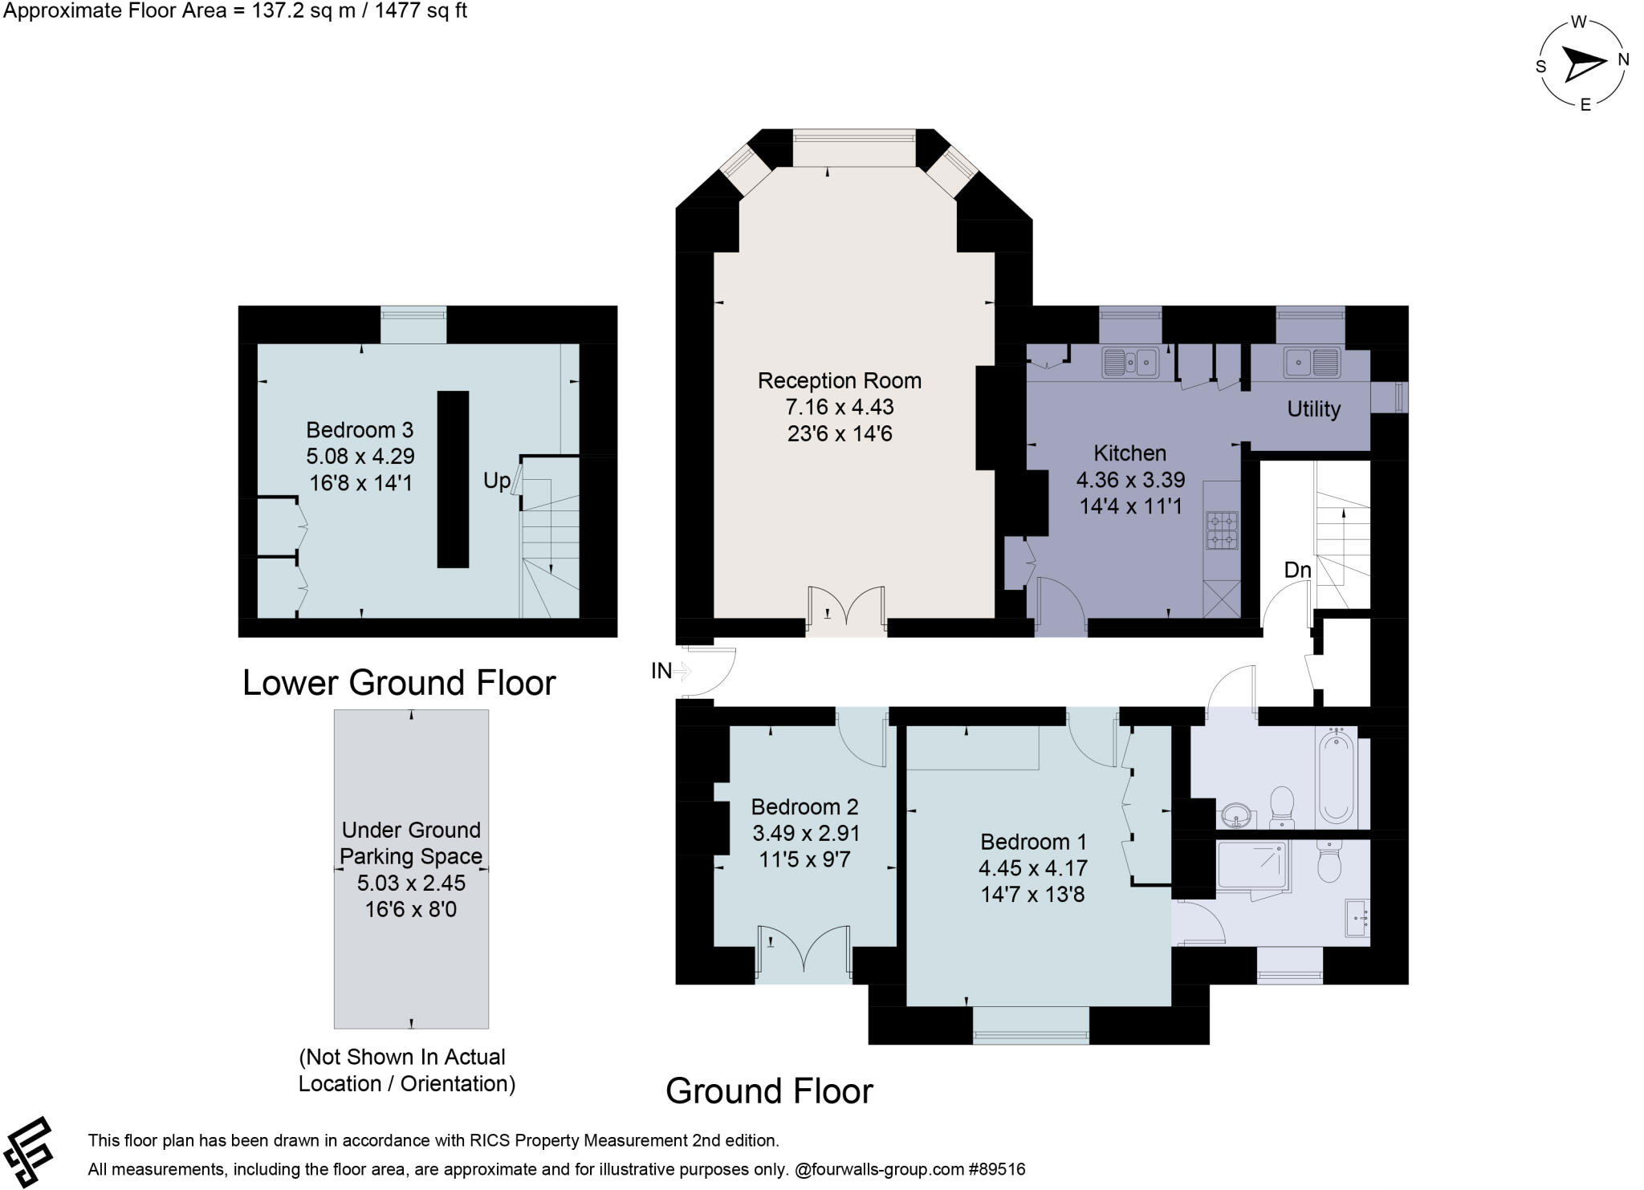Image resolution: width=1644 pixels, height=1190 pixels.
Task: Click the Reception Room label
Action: click(x=839, y=380)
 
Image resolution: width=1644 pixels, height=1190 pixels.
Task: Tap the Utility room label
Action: click(x=1313, y=409)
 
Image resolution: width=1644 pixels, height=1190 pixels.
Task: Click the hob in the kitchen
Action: click(x=1221, y=530)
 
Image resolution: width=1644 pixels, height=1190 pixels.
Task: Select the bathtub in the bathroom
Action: click(x=1336, y=775)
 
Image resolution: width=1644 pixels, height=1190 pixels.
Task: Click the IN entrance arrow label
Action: click(x=661, y=671)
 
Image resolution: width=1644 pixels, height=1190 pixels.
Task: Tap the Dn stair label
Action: click(x=1297, y=570)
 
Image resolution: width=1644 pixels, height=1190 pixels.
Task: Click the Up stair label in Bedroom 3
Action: click(x=496, y=481)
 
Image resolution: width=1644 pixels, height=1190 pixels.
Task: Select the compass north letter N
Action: click(x=1622, y=59)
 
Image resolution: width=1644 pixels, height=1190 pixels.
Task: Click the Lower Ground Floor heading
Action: click(x=399, y=683)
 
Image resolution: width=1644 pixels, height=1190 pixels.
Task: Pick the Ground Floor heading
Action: click(x=769, y=1091)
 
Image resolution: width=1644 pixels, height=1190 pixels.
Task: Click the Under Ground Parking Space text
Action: click(x=411, y=843)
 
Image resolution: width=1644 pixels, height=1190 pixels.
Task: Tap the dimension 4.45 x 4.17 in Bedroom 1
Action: click(x=1032, y=868)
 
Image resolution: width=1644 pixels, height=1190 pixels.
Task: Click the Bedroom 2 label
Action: click(x=804, y=806)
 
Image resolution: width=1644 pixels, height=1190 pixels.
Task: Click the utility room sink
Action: click(x=1311, y=362)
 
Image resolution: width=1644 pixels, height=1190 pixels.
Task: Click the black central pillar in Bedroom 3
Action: click(x=453, y=479)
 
